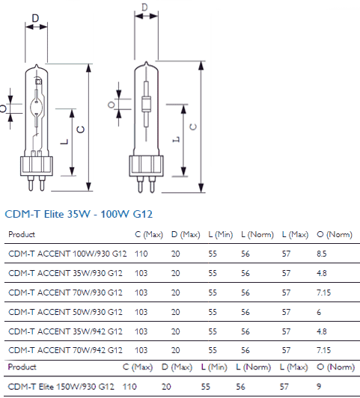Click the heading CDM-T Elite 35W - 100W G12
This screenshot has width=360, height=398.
pyautogui.click(x=79, y=214)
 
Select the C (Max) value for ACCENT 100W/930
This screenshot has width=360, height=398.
pyautogui.click(x=141, y=254)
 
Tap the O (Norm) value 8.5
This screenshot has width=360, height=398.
pyautogui.click(x=322, y=254)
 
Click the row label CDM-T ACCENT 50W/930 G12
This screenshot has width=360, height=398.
pyautogui.click(x=65, y=312)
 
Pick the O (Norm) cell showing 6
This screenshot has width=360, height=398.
pyautogui.click(x=319, y=312)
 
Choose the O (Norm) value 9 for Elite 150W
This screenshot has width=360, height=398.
pyautogui.click(x=319, y=386)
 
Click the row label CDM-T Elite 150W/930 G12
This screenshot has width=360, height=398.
pyautogui.click(x=61, y=387)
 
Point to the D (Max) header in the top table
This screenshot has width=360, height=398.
pyautogui.click(x=186, y=235)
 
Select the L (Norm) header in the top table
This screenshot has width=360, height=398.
pyautogui.click(x=257, y=235)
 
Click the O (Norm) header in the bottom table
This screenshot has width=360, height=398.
pyautogui.click(x=335, y=367)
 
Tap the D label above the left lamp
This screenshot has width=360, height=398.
pyautogui.click(x=35, y=18)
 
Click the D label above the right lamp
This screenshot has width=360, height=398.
pyautogui.click(x=144, y=7)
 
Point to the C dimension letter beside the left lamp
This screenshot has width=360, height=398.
pyautogui.click(x=81, y=129)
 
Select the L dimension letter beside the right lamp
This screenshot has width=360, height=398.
pyautogui.click(x=176, y=139)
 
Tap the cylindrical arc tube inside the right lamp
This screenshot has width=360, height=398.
pyautogui.click(x=146, y=104)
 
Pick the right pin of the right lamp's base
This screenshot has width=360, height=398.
pyautogui.click(x=152, y=184)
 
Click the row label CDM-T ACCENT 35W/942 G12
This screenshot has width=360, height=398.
pyautogui.click(x=65, y=331)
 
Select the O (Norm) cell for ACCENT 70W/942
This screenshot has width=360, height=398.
pyautogui.click(x=323, y=350)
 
